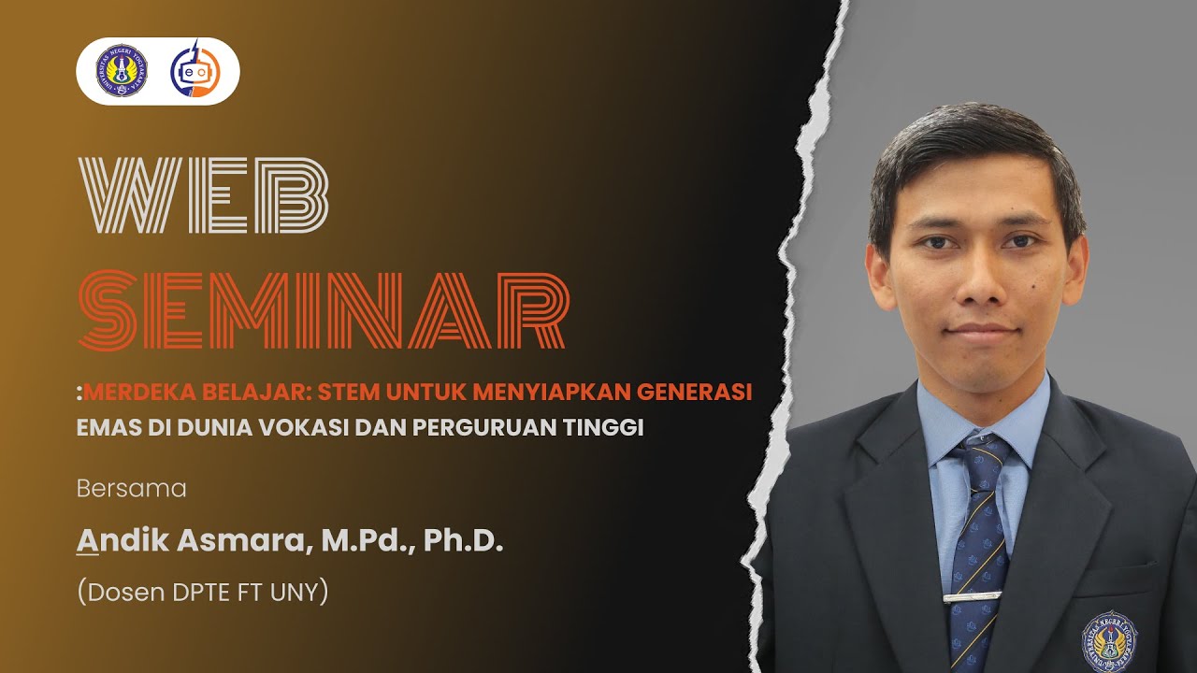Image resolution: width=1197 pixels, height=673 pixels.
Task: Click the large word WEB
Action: click(x=206, y=195)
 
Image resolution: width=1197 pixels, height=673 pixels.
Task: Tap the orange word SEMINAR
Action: click(x=324, y=311)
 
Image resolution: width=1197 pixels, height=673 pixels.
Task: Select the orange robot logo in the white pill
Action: click(x=195, y=71)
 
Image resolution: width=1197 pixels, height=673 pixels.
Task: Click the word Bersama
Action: click(x=132, y=489)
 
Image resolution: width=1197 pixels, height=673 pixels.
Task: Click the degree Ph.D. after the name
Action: click(x=464, y=540)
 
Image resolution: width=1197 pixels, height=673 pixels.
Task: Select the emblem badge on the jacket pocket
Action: click(x=1109, y=640)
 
